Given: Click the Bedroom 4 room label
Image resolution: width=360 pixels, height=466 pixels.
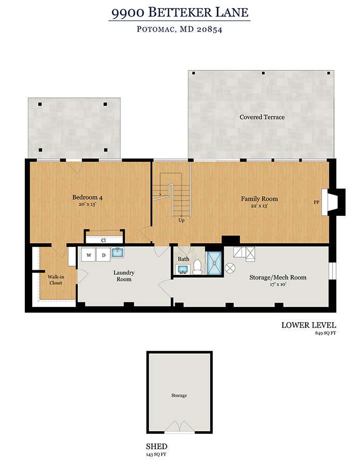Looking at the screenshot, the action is pos(88,197).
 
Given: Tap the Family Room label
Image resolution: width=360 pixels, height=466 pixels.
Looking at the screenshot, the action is pos(259,199).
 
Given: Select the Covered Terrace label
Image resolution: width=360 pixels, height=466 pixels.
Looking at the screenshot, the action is pos(262,117).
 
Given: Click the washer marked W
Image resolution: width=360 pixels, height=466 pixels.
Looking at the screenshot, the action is pos(89,255).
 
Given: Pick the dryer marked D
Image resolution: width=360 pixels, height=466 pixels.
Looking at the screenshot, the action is pos(104,255).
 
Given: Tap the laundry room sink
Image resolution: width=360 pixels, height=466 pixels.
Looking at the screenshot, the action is pos(118,253).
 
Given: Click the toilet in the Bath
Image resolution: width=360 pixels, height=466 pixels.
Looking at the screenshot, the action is pos(197,267).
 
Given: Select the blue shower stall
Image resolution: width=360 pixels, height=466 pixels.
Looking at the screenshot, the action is pos(214,264).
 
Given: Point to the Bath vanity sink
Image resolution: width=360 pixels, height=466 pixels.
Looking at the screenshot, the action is pos(182,270).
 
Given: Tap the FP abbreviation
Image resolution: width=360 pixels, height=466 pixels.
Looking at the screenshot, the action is pos(316,202).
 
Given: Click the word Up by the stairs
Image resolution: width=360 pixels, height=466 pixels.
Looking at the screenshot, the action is pos(181,220).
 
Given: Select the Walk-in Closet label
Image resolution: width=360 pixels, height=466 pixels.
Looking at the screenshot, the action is pos(56,280).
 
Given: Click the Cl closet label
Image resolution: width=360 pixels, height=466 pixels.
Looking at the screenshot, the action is pos(104,240).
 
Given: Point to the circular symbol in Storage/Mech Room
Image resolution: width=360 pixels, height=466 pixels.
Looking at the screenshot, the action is pos(230,268).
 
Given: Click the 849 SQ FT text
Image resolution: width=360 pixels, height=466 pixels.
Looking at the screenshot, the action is pos(325,333).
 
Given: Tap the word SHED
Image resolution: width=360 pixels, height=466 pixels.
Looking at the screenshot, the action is pos(156,446).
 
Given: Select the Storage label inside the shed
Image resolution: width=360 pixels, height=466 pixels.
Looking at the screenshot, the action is pos(179,396).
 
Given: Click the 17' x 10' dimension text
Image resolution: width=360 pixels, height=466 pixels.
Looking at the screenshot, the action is pos(278,284).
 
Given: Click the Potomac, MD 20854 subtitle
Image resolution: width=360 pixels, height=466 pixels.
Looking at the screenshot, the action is pos(180,29).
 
